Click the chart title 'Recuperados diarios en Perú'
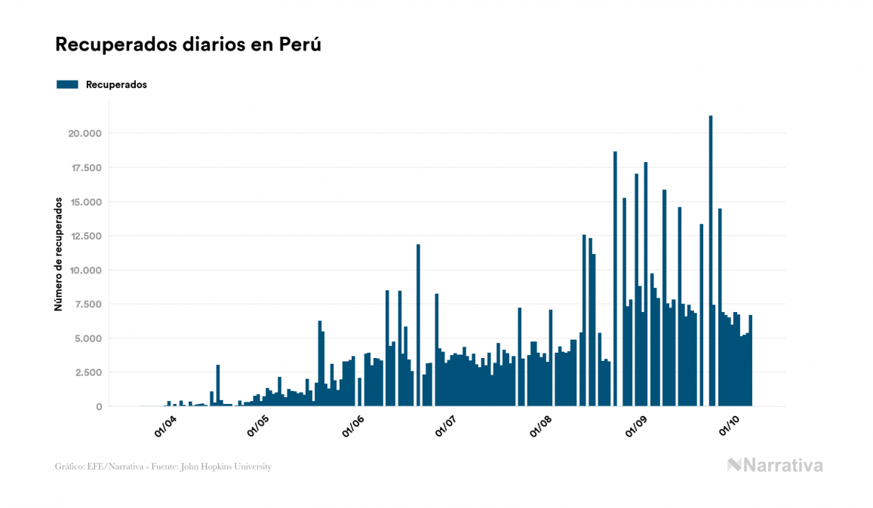click(x=189, y=44)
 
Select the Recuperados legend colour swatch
click(x=67, y=84)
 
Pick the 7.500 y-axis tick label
click(x=85, y=304)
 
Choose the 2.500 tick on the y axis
click(x=85, y=372)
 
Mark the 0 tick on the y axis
click(x=99, y=406)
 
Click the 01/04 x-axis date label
click(x=165, y=425)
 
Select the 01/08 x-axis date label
click(x=543, y=425)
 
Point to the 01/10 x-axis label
click(x=730, y=425)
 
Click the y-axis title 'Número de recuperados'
click(x=57, y=255)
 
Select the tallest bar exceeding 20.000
click(x=711, y=261)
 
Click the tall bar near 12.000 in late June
click(x=418, y=325)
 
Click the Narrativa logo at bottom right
click(x=775, y=465)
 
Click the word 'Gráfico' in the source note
click(x=69, y=467)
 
